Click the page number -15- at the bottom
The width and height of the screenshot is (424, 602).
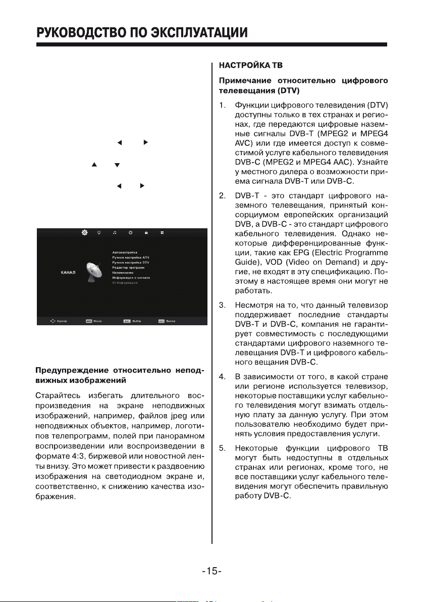212,572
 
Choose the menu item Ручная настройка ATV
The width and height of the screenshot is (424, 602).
131,258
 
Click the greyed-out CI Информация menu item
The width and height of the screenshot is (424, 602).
125,283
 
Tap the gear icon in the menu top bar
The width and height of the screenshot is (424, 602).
84,233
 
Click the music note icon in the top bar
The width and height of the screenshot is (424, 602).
115,233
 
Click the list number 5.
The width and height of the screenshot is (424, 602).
222,447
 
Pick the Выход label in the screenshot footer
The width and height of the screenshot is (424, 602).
171,321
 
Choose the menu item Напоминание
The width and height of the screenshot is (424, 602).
123,273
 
